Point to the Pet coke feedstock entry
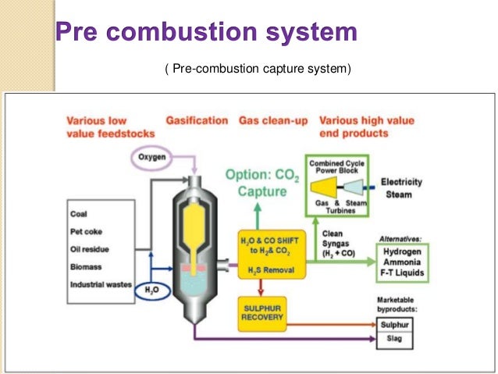point(86,233)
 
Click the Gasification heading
point(197,121)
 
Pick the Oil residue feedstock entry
point(90,249)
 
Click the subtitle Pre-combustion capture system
point(258,70)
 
